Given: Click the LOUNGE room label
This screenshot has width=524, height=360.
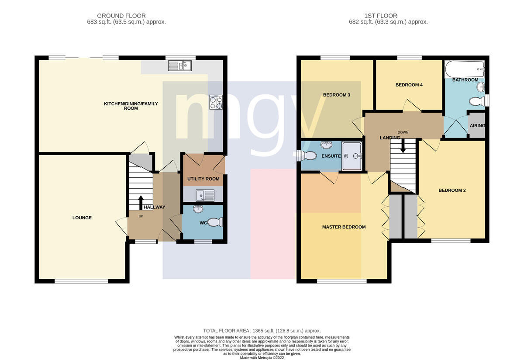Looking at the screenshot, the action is tap(82, 218).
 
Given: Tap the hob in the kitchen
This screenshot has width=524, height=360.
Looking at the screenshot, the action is tap(216, 102).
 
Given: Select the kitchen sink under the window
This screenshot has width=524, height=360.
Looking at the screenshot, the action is tap(179, 66).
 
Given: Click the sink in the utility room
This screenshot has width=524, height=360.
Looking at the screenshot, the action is tap(205, 195).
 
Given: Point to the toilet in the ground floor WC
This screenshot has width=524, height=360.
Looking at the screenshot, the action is tap(215, 222).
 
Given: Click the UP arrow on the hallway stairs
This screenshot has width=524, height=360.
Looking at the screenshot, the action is tap(141, 202).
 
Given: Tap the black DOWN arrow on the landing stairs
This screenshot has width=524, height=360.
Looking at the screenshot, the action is tap(403, 146).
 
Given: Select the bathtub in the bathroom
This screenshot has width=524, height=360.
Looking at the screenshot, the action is tap(464, 69).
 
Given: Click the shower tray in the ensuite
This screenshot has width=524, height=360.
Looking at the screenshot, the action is tap(352, 156).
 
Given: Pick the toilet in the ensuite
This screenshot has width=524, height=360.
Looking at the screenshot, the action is tap(307, 156).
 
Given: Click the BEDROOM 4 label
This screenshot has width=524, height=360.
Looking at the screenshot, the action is tap(409, 85).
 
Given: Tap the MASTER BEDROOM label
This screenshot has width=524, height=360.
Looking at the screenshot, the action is tap(344, 227).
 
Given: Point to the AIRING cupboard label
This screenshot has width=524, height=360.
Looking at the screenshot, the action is tap(477, 126).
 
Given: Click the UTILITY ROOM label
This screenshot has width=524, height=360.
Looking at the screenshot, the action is tap(203, 179).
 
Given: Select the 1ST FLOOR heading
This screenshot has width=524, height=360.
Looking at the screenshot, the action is tap(381, 16).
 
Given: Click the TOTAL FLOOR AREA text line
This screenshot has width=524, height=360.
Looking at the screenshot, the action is tap(262, 331).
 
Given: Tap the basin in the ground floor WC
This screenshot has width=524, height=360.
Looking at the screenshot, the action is tap(198, 209).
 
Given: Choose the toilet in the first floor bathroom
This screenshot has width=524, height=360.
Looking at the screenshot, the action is tap(477, 102).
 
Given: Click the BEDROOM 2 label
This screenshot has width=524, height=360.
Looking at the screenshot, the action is tap(452, 190).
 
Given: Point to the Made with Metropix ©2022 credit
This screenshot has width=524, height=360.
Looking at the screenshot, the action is tap(262, 358).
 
